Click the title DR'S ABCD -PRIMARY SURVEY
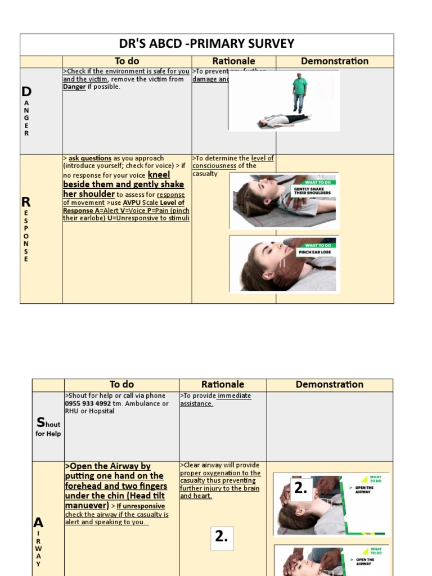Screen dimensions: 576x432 (x=206, y=44)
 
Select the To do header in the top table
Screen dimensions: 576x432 (x=127, y=61)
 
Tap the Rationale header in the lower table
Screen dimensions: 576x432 (x=223, y=385)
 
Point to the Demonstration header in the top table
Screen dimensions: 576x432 (x=335, y=61)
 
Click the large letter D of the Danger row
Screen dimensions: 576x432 (x=26, y=92)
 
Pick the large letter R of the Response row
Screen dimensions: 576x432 (x=26, y=201)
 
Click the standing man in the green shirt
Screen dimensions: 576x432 (x=300, y=92)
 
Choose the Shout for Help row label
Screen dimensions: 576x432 (x=48, y=428)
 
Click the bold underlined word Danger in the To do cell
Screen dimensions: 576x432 (x=74, y=87)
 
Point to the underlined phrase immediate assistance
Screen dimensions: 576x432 (x=215, y=399)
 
